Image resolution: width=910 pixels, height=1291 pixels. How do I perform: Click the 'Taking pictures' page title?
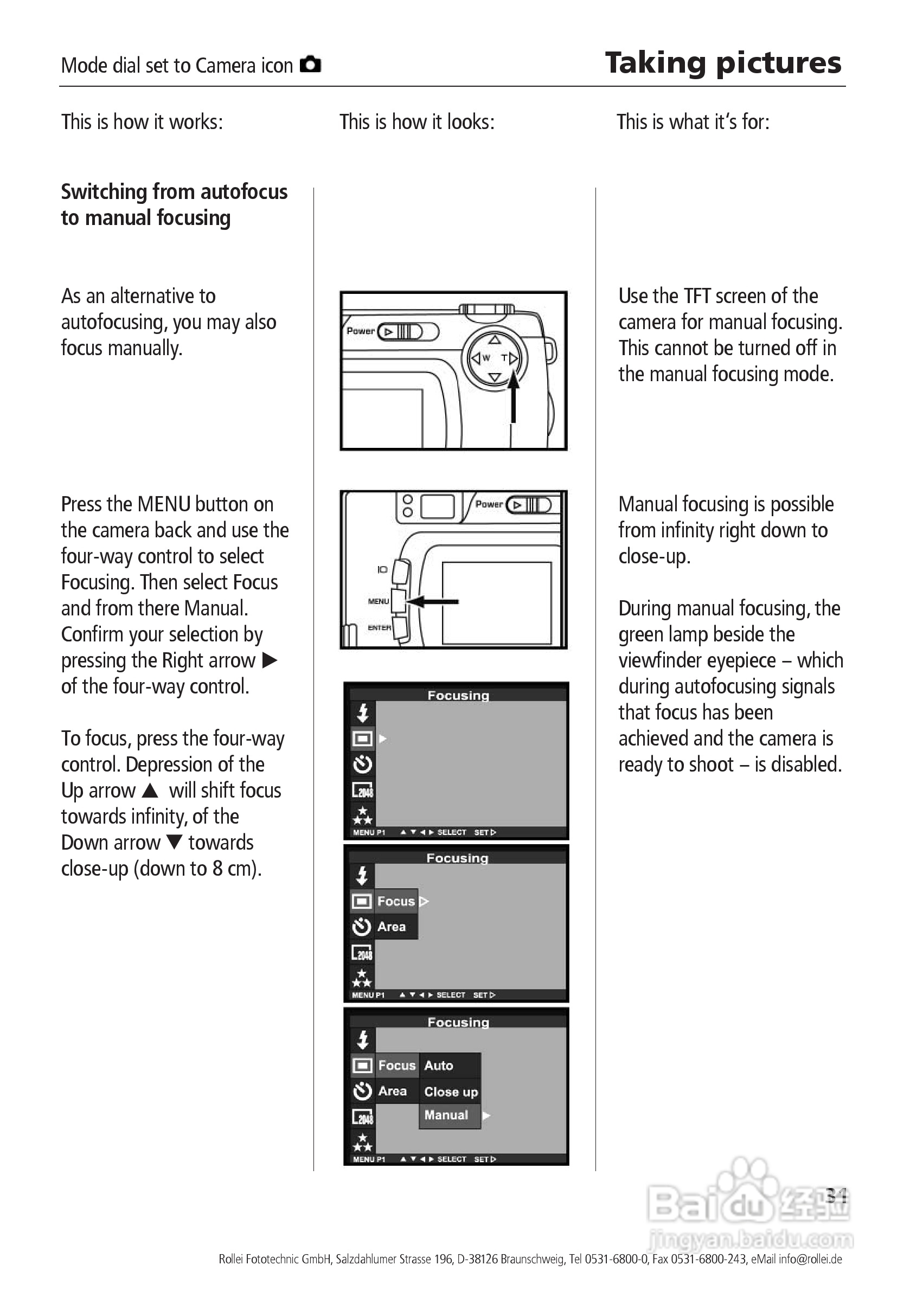point(723,62)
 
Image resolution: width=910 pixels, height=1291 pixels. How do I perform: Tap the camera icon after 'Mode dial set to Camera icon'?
point(310,65)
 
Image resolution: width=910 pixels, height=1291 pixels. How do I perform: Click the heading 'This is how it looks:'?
point(416,122)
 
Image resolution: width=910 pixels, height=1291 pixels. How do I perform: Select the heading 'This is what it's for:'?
point(693,122)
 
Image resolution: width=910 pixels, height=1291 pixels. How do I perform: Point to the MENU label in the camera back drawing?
point(379,601)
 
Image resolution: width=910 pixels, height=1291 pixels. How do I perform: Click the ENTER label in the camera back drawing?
point(379,627)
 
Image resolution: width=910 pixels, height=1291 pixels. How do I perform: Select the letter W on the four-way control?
point(486,358)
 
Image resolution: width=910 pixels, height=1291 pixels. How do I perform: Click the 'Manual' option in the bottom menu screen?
point(446,1115)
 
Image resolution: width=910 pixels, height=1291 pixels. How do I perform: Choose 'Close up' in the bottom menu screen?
point(451,1091)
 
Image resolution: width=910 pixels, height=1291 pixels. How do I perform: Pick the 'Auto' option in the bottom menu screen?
point(438,1065)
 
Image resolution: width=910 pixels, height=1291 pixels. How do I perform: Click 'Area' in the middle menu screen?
point(392,927)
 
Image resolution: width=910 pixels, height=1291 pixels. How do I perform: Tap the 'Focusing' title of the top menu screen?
point(458,696)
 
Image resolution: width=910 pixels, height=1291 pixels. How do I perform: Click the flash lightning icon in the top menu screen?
point(363,713)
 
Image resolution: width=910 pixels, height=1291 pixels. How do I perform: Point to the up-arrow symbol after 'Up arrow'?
point(150,791)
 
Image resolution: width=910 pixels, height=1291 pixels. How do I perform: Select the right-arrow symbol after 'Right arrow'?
point(270,660)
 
